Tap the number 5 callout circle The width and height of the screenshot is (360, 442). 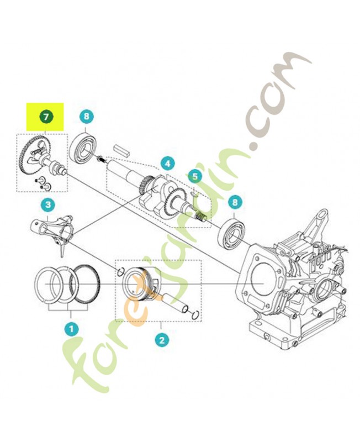point(194,176)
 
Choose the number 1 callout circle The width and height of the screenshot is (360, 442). point(70,329)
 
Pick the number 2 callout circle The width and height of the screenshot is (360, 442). point(161,339)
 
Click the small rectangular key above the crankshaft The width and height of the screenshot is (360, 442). point(121,149)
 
